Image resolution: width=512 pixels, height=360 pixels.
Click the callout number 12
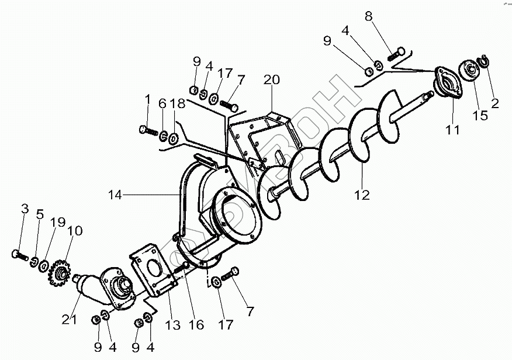pos(362,195)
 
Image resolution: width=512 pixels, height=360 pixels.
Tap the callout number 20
pos(272,79)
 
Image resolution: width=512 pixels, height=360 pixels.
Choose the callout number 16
pos(197,324)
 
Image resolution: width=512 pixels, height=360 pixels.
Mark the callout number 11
pos(453,130)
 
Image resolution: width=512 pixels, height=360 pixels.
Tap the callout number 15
pos(480,115)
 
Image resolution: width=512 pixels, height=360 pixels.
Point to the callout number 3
pos(25,209)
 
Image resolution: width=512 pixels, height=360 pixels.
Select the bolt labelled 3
pos(19,255)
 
